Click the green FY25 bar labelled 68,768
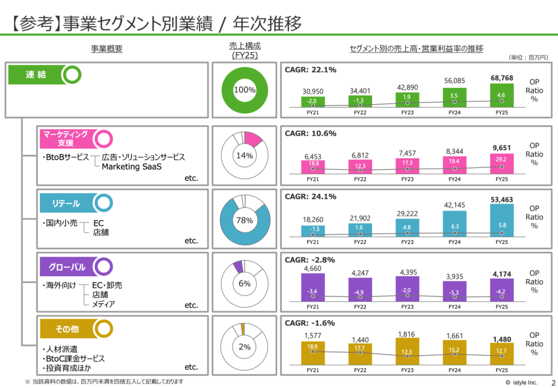[501, 94]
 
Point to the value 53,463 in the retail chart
[501, 199]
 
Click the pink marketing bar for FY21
[313, 166]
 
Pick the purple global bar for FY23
[407, 289]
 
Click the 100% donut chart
[245, 89]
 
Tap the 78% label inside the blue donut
[245, 220]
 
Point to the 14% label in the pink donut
[245, 156]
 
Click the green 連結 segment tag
[37, 75]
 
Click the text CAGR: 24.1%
[311, 196]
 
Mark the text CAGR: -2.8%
[310, 260]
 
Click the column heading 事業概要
[107, 49]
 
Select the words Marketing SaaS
[132, 167]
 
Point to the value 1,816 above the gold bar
[407, 332]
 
